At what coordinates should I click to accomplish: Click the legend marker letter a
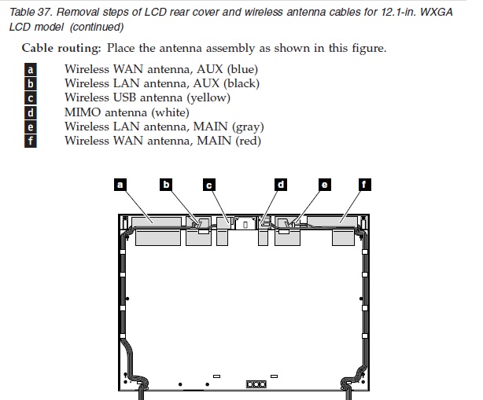(31, 69)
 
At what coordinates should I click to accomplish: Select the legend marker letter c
(31, 98)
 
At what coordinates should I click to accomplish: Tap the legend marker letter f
(31, 141)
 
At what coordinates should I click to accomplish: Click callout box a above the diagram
(120, 185)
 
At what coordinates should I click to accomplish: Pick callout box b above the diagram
(166, 185)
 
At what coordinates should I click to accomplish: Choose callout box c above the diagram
(209, 185)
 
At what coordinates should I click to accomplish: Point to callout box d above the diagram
(281, 185)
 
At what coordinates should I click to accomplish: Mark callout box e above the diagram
(324, 185)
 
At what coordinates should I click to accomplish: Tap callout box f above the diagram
(364, 185)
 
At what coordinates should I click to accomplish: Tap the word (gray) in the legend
(247, 127)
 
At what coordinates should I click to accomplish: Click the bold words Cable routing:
(61, 48)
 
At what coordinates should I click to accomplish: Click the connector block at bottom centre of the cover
(256, 384)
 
